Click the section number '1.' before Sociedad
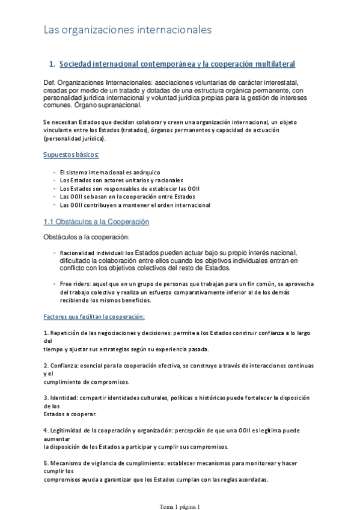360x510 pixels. [52, 64]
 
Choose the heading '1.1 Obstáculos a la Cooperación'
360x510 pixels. [96, 222]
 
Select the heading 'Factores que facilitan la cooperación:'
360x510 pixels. [94, 316]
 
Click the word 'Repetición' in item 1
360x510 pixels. [67, 333]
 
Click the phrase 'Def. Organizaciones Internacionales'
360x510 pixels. [100, 82]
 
